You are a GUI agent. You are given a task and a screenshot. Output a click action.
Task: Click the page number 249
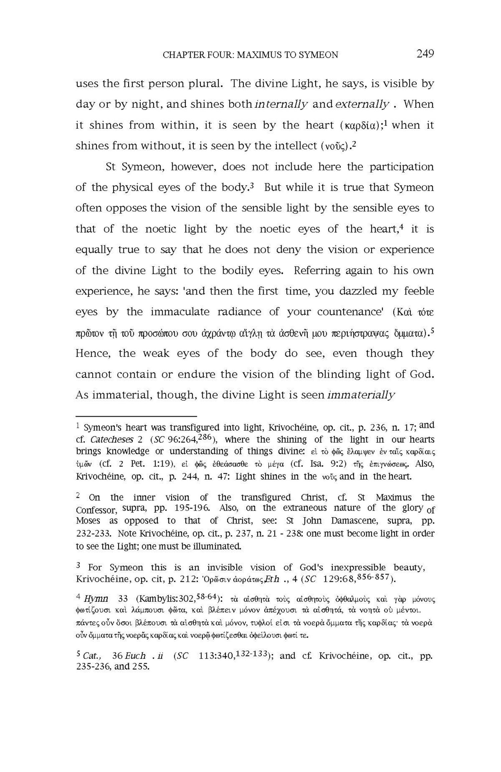425,53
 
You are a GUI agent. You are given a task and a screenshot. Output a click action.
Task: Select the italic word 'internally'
281,105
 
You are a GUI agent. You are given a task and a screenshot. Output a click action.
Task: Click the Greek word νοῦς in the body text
335,146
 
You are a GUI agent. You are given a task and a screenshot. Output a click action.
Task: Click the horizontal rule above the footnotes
136,417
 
